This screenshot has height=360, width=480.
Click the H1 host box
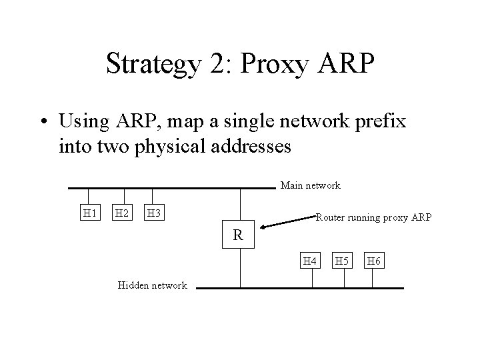(89, 213)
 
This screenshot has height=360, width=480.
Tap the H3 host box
(154, 213)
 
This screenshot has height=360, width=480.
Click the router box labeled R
(238, 235)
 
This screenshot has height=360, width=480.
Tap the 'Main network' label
(310, 185)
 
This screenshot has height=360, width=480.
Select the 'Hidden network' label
(152, 285)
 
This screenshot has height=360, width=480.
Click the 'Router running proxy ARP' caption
(373, 217)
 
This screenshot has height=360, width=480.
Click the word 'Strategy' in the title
(151, 65)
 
